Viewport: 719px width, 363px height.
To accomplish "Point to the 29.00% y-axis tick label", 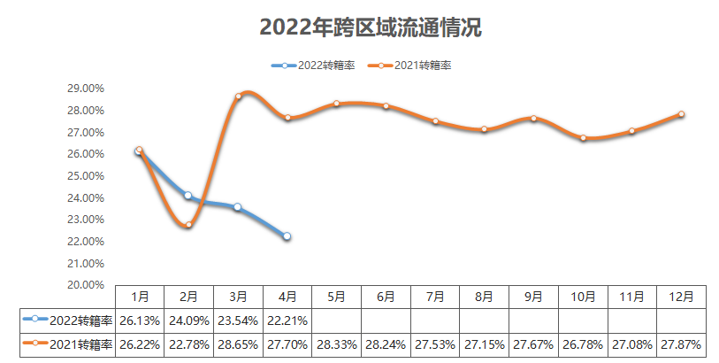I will coord(86,89).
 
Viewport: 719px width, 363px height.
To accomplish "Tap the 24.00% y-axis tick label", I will coord(86,197).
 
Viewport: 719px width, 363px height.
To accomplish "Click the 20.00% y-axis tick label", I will coord(86,285).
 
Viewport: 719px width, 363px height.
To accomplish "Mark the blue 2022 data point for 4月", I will coord(287,236).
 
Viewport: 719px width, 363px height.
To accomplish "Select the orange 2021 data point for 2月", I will coord(188,225).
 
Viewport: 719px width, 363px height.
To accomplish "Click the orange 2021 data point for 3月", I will coord(238,97).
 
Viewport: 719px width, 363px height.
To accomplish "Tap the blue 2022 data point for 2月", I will coord(188,196).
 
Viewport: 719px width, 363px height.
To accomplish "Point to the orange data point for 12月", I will coord(682,114).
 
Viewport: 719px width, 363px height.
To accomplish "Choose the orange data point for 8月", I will coord(484,129).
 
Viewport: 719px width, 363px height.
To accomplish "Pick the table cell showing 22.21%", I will coord(287,320).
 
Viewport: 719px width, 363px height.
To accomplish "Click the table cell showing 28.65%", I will coord(238,344).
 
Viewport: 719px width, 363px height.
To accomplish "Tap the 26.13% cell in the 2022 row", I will coord(139,320).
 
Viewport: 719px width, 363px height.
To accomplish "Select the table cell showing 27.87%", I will coord(682,344).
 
